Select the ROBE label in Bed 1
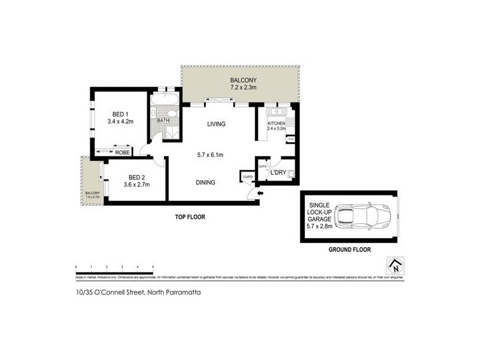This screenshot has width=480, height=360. click(x=122, y=152)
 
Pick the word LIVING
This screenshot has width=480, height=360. click(x=216, y=124)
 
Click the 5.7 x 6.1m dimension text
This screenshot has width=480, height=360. click(x=211, y=155)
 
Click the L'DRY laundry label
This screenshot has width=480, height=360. click(x=278, y=173)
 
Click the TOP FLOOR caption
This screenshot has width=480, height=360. click(x=191, y=218)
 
